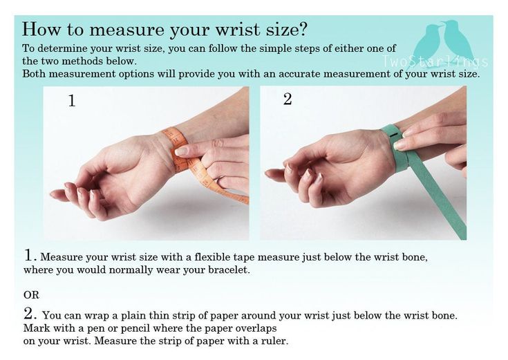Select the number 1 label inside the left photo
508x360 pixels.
point(72,100)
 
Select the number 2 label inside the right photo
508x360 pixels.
point(288,99)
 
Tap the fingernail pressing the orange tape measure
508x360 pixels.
point(181,151)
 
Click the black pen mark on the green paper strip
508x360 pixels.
point(395,135)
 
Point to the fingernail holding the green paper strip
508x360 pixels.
point(400,145)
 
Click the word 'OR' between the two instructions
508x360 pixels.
point(31,295)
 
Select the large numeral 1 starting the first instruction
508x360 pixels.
point(30,255)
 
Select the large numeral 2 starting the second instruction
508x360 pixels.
point(30,313)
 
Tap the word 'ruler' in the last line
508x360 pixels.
point(274,341)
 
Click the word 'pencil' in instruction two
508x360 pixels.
point(135,328)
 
